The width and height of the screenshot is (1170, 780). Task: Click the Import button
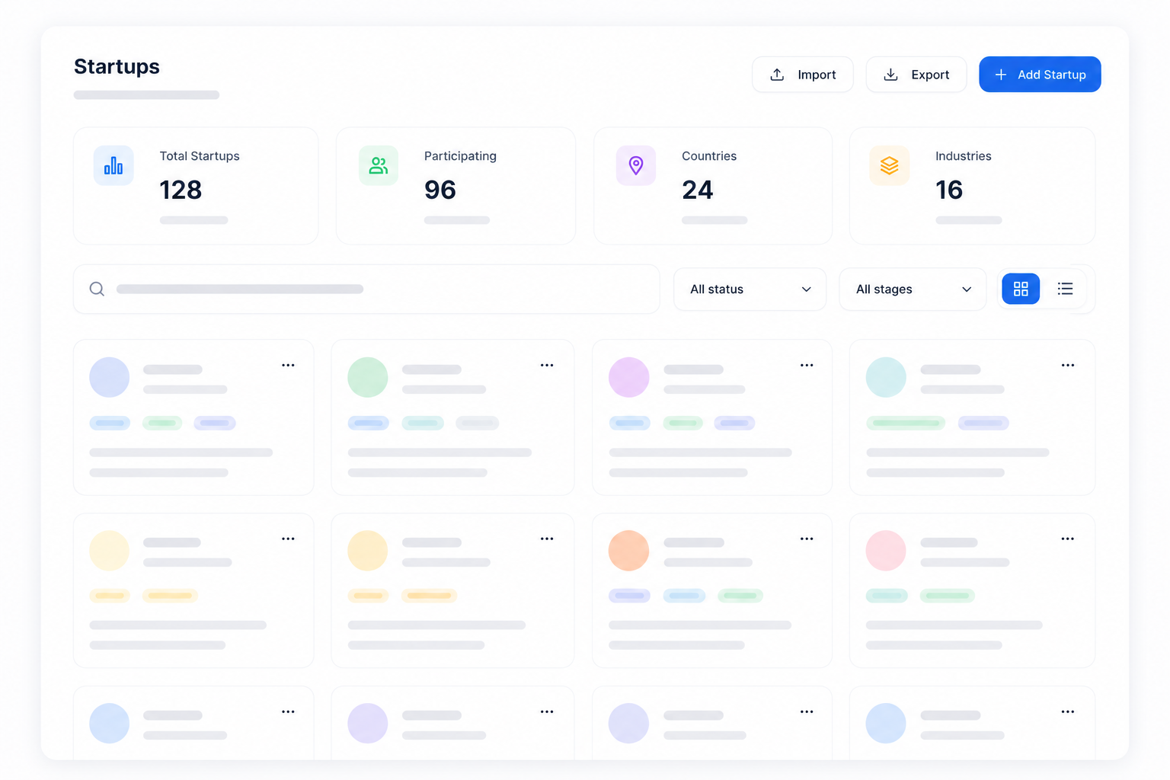pyautogui.click(x=802, y=75)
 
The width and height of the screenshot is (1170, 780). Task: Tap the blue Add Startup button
pyautogui.click(x=1040, y=75)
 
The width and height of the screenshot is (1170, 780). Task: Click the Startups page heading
pyautogui.click(x=117, y=66)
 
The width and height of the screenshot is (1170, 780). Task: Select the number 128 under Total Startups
pyautogui.click(x=181, y=190)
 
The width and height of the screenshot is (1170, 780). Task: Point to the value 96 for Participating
pyautogui.click(x=440, y=190)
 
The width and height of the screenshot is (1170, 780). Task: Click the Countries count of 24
pyautogui.click(x=697, y=190)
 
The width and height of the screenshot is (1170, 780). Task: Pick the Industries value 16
pyautogui.click(x=948, y=190)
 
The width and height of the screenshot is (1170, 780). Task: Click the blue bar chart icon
pyautogui.click(x=113, y=165)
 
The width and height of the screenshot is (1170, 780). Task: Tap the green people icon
pyautogui.click(x=378, y=165)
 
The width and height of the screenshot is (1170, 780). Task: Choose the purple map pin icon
pyautogui.click(x=636, y=165)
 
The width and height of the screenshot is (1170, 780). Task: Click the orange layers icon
pyautogui.click(x=889, y=165)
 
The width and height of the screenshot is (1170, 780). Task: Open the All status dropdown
pyautogui.click(x=750, y=289)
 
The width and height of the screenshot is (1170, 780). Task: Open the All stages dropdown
pyautogui.click(x=913, y=289)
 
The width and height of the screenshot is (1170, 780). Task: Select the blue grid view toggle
pyautogui.click(x=1021, y=289)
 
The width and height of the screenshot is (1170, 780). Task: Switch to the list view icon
pyautogui.click(x=1065, y=289)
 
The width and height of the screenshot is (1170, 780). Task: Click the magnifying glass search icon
pyautogui.click(x=97, y=289)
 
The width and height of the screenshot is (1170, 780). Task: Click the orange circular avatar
pyautogui.click(x=629, y=551)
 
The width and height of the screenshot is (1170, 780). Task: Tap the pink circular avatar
pyautogui.click(x=886, y=551)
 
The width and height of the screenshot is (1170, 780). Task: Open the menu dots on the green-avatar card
pyautogui.click(x=547, y=365)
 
